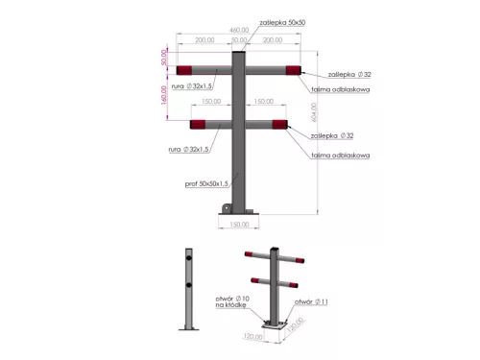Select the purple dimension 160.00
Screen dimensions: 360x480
click(164, 94)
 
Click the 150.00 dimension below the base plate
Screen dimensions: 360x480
click(239, 225)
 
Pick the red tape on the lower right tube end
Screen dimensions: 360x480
click(280, 123)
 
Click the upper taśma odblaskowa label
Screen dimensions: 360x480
click(341, 88)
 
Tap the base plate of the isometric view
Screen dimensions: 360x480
click(276, 325)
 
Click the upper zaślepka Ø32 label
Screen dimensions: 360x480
click(348, 72)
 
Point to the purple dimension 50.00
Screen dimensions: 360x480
click(164, 58)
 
